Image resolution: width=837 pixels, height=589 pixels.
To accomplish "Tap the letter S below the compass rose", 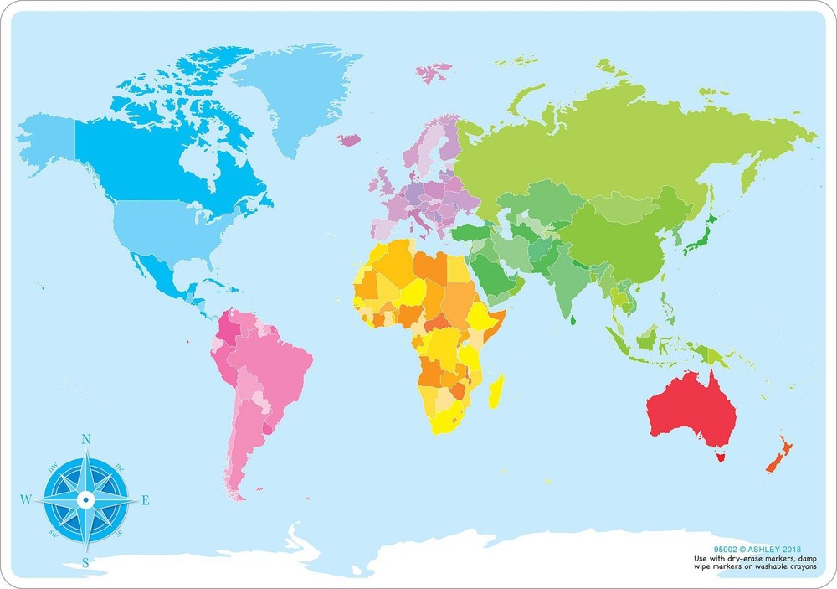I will pos(85,562).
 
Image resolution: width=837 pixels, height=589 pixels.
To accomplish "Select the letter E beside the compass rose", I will pos(146,501).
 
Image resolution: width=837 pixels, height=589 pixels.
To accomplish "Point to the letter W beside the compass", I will pos(25,500).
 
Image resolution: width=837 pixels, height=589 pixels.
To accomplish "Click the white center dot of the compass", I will pos(85,500).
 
